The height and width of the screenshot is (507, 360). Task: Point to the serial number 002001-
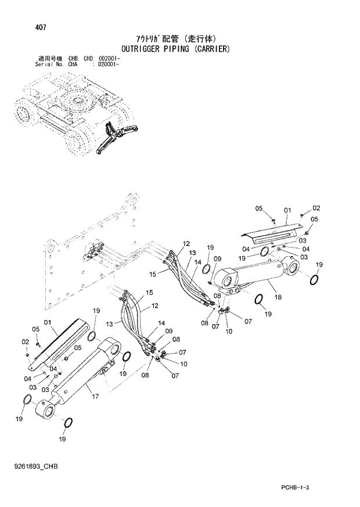[107, 59]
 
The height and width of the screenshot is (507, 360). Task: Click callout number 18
[278, 297]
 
